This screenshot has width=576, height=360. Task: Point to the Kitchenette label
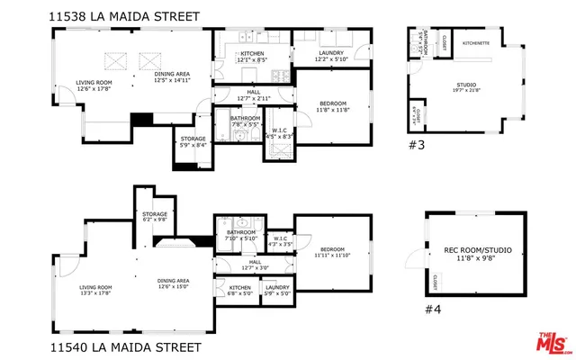476,42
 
